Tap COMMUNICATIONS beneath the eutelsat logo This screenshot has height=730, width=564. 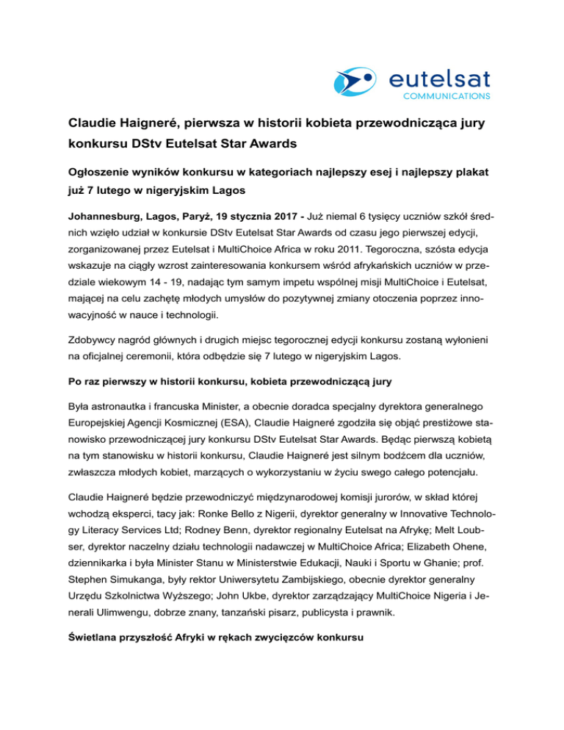click(446, 95)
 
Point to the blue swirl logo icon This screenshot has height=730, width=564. click(355, 81)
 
